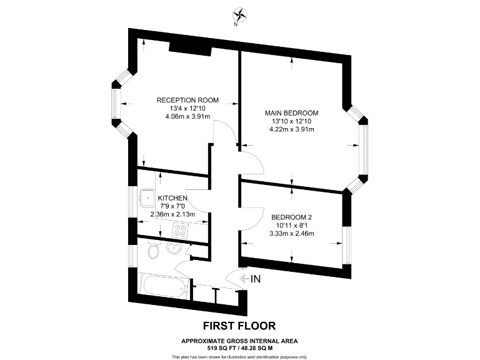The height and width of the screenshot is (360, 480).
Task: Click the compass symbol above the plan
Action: pyautogui.click(x=238, y=14)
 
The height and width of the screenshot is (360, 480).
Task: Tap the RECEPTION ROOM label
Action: pyautogui.click(x=187, y=100)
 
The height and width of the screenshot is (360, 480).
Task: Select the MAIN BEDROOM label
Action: pyautogui.click(x=292, y=112)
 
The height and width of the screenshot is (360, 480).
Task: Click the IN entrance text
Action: pyautogui.click(x=255, y=279)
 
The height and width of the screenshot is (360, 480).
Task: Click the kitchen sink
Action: pyautogui.click(x=147, y=197)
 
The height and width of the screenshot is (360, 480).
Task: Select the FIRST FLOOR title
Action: pyautogui.click(x=239, y=326)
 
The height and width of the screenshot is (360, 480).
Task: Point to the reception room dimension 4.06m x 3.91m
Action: pyautogui.click(x=187, y=116)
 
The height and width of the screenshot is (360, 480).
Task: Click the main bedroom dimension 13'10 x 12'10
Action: pyautogui.click(x=292, y=121)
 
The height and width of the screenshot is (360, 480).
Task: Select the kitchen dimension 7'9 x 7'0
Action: pyautogui.click(x=172, y=206)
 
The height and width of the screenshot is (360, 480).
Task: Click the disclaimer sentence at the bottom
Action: pyautogui.click(x=239, y=356)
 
